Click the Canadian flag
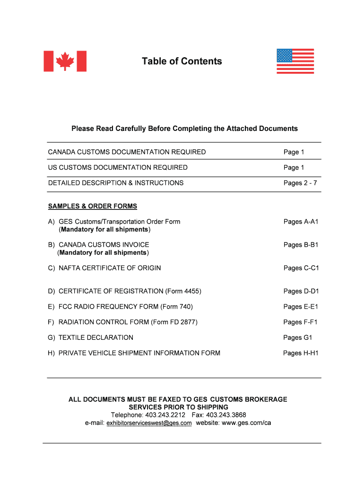[x=65, y=61]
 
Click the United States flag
[x=295, y=61]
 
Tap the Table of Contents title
[x=182, y=61]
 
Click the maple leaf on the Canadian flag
[x=65, y=61]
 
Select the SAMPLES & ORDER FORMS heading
[x=93, y=206]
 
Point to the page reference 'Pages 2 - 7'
[x=300, y=183]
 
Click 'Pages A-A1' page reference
[x=301, y=221]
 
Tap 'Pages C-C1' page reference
[x=301, y=268]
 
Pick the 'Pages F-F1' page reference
[x=301, y=322]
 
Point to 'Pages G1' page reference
[x=298, y=337]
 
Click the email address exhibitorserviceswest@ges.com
[x=149, y=423]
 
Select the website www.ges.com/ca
[x=246, y=423]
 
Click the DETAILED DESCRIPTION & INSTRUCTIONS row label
[x=116, y=183]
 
